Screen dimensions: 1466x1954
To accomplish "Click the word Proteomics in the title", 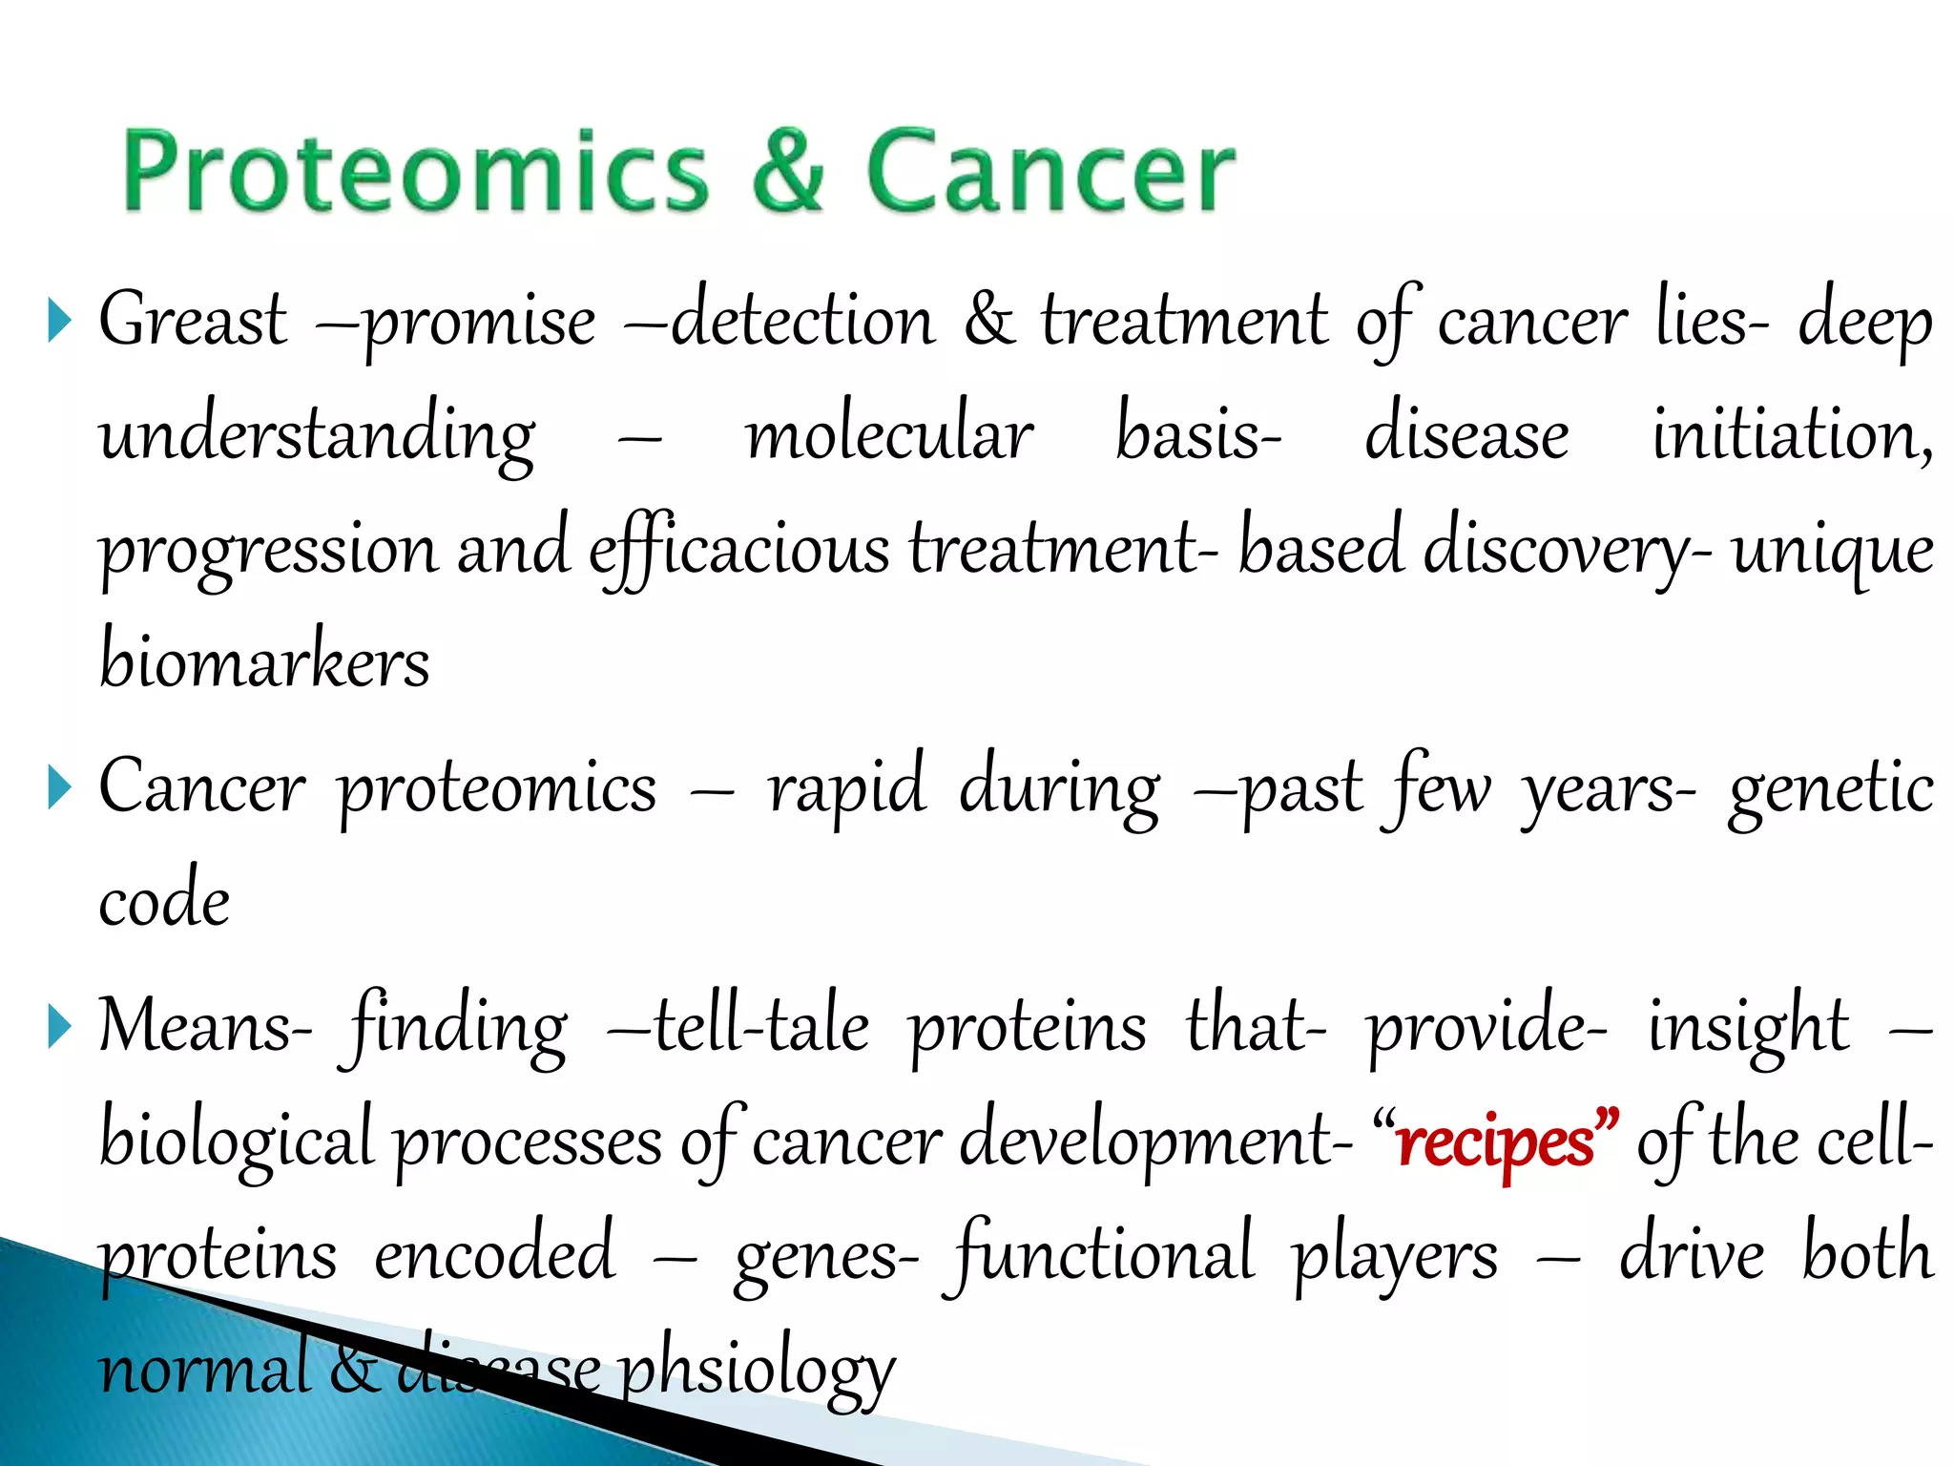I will [x=416, y=172].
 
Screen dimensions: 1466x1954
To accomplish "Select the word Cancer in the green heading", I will [x=1050, y=172].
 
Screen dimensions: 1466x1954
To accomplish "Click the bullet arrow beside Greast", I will [x=59, y=321].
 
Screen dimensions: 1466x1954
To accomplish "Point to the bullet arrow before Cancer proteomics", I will [x=59, y=788].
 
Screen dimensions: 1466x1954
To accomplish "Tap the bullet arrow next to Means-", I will [x=59, y=1027].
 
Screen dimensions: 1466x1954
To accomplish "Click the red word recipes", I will [x=1495, y=1141].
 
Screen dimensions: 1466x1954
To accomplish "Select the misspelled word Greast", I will [x=193, y=321].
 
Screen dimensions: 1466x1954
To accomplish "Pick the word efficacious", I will [x=738, y=550].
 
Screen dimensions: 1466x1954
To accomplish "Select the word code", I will [x=164, y=901].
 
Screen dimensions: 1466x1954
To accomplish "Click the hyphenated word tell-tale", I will [x=760, y=1027].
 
